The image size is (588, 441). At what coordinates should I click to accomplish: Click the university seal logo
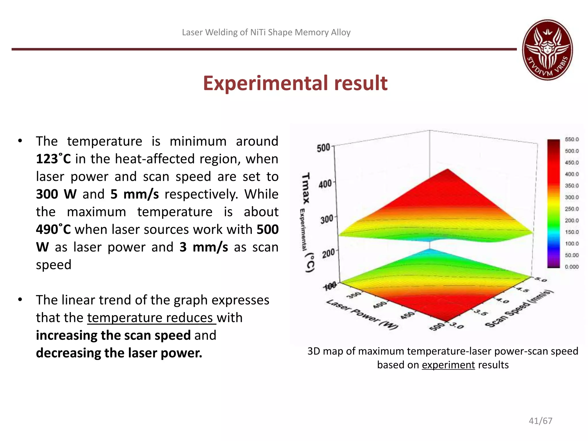click(547, 50)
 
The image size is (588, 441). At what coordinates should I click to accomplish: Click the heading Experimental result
click(295, 83)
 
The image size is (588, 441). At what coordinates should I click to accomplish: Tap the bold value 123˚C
click(53, 159)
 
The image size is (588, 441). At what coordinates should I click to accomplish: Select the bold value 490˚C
click(53, 229)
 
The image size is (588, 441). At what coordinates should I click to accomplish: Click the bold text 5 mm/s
click(134, 194)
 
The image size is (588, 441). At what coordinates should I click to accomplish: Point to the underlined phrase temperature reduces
click(151, 318)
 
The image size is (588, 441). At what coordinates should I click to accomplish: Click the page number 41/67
click(540, 421)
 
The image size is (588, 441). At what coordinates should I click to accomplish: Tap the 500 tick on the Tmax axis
click(323, 148)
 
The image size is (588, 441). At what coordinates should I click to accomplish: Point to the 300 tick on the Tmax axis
click(327, 220)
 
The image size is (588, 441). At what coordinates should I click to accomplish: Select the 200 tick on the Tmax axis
click(328, 254)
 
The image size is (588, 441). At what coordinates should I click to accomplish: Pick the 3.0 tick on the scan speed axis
click(457, 326)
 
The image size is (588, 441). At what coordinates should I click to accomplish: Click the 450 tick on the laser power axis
click(408, 315)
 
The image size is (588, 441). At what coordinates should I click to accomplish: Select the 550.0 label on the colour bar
click(572, 140)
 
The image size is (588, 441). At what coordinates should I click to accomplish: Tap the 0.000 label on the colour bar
click(572, 267)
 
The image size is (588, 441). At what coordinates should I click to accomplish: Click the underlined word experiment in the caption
click(448, 365)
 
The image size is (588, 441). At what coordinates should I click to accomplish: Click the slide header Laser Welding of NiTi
click(266, 32)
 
